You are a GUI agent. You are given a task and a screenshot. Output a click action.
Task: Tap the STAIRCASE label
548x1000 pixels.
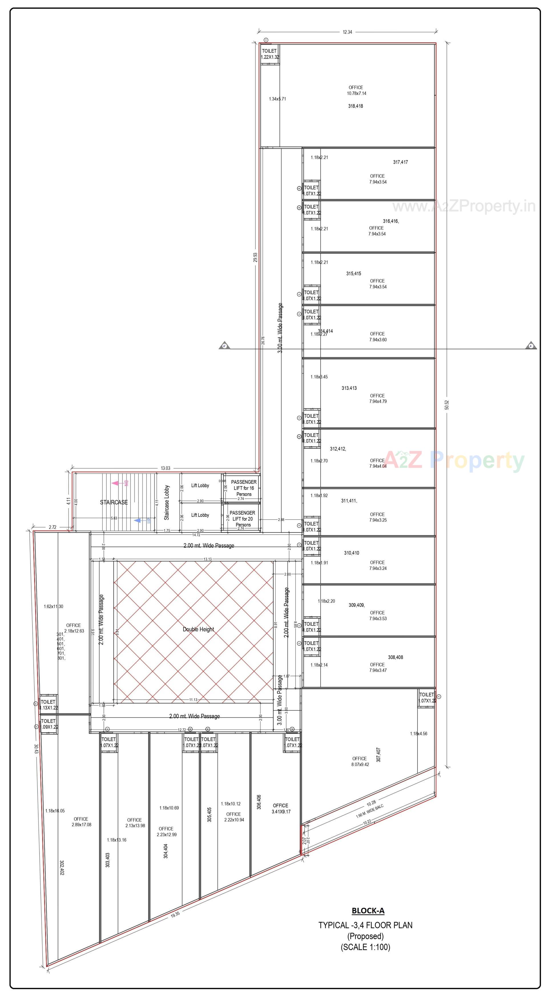[114, 502]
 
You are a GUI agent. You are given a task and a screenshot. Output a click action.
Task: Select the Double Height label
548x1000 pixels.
[198, 629]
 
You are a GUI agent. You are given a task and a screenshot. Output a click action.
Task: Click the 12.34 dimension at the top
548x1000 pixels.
[347, 32]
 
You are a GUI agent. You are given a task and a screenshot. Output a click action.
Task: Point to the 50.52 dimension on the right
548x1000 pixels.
[447, 405]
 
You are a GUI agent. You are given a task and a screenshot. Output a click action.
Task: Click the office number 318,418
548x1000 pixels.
[355, 106]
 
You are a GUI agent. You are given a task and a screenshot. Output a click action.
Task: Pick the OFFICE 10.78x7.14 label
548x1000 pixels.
[356, 90]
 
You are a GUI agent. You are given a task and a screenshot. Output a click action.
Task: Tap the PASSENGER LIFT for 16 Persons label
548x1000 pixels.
[243, 488]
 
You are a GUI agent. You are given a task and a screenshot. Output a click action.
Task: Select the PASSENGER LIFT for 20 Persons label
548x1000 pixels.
[243, 519]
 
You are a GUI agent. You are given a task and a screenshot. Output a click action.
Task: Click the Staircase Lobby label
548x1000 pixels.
[167, 502]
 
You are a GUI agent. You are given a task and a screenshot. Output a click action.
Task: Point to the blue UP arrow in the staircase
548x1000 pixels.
[138, 521]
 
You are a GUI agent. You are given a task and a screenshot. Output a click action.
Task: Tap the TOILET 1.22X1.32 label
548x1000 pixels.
[269, 54]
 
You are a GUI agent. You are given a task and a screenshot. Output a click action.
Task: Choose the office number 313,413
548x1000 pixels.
[349, 388]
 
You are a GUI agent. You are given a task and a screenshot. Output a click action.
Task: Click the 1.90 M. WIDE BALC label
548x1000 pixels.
[369, 811]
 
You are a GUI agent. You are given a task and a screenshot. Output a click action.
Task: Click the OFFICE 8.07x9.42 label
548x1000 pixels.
[360, 761]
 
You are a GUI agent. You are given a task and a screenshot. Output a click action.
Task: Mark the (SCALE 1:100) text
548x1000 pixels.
[365, 947]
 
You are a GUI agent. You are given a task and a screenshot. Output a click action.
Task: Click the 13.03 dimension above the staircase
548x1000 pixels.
[166, 468]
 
